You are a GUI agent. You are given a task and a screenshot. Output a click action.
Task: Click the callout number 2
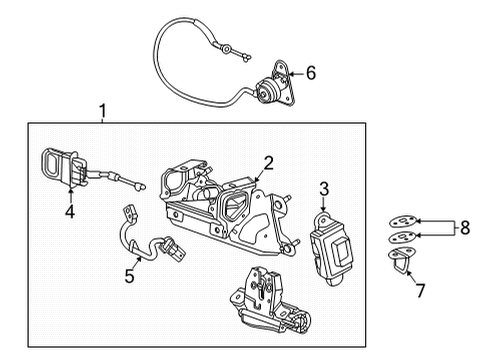(x=268, y=162)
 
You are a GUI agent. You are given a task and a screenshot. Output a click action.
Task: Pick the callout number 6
(x=311, y=73)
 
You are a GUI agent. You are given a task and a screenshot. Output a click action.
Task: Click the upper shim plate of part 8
(x=401, y=223)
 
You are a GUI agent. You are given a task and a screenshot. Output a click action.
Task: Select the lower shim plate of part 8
(x=400, y=240)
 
